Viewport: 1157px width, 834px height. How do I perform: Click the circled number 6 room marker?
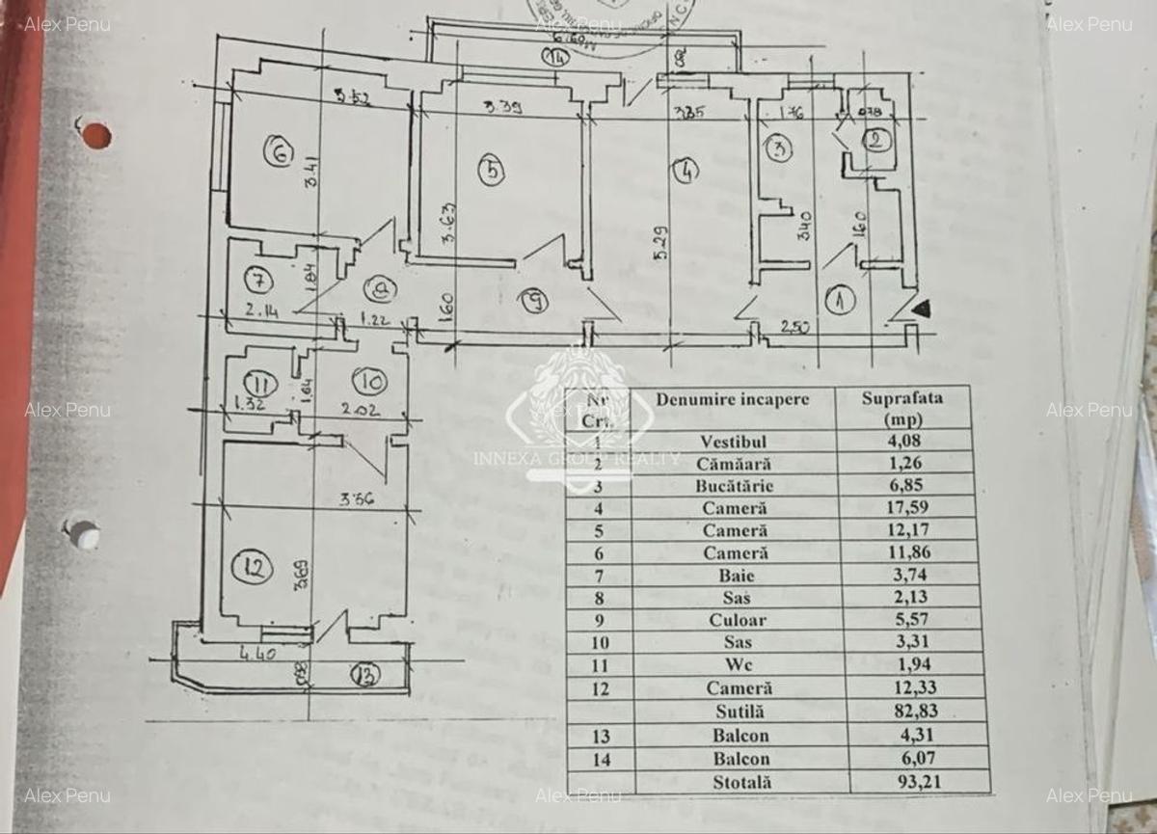click(279, 152)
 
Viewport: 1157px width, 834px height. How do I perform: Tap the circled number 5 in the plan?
click(492, 171)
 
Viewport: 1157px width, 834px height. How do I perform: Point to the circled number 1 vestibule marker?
click(842, 301)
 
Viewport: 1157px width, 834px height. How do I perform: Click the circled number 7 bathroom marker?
click(257, 281)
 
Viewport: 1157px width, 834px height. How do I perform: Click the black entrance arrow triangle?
click(923, 309)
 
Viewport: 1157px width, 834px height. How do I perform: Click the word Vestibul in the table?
click(735, 442)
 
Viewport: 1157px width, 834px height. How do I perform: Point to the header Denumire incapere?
click(733, 399)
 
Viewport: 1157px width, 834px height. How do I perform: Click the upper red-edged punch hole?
click(95, 135)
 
